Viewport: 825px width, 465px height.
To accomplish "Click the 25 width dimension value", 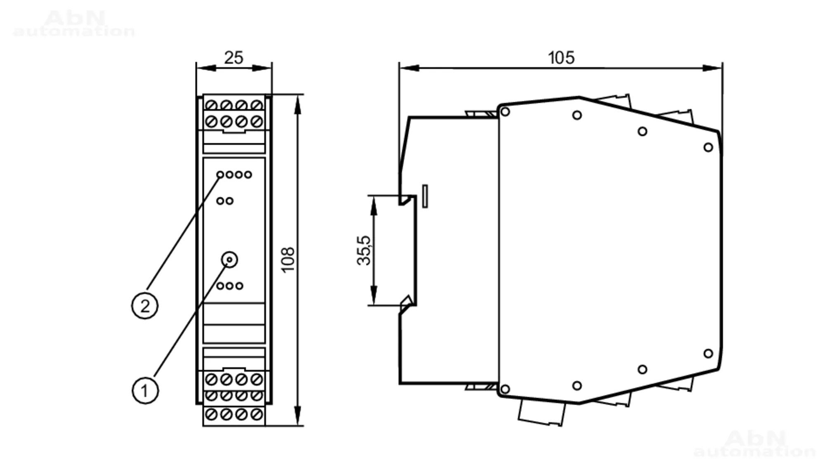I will coord(233,58).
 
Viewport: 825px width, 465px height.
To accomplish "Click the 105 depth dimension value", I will coord(561,58).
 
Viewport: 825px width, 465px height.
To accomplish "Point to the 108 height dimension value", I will coord(288,260).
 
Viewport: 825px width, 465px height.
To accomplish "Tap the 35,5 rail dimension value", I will coord(364,250).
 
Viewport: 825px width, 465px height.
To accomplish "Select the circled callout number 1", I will coord(145,390).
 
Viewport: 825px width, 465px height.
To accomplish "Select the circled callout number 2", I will coord(144,306).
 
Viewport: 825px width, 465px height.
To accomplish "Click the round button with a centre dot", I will coord(229,260).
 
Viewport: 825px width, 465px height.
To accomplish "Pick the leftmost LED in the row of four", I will coord(220,175).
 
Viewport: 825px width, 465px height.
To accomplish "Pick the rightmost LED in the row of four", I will coord(248,175).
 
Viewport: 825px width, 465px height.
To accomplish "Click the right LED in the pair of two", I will coord(230,201).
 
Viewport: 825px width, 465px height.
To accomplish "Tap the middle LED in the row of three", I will coord(230,286).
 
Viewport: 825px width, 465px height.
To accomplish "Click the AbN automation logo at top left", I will coord(74,24).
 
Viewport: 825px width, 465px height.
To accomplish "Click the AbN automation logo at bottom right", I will coord(755,444).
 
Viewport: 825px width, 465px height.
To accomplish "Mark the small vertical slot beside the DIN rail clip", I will coord(425,196).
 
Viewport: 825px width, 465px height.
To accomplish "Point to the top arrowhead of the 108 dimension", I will coord(298,105).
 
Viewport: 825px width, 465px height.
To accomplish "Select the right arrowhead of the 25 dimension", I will coord(262,68).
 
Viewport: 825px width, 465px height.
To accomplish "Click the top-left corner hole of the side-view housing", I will coord(505,112).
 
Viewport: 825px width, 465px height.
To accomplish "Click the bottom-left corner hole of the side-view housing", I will coord(505,389).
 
